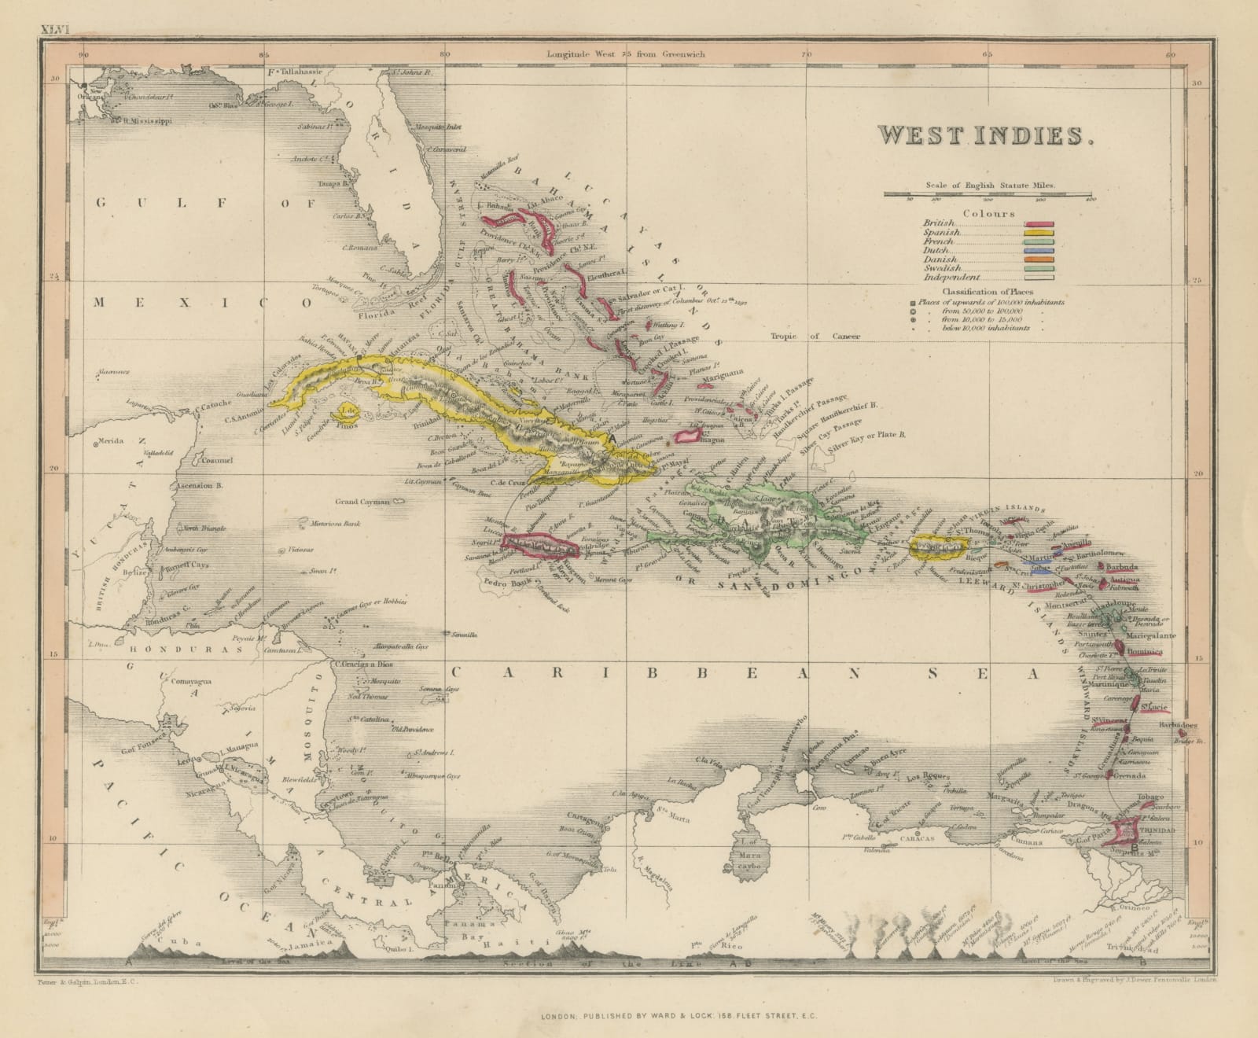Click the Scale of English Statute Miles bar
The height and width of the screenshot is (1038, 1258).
point(988,193)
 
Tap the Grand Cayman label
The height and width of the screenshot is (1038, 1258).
point(363,502)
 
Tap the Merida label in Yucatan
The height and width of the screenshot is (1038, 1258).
point(112,443)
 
